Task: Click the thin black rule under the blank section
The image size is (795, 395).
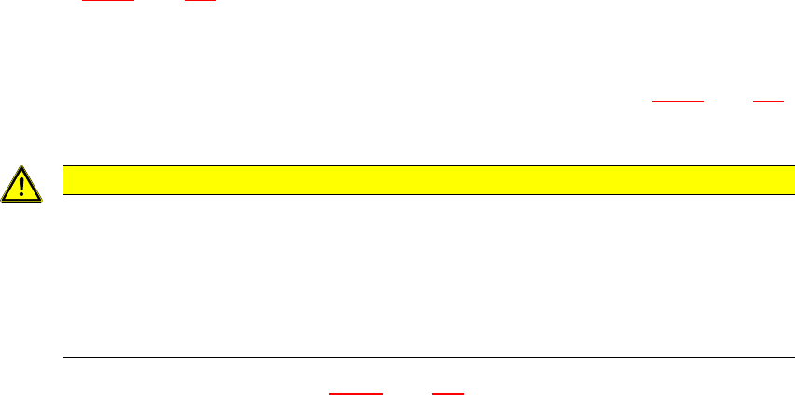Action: click(421, 357)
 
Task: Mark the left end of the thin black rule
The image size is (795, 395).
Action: click(64, 357)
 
